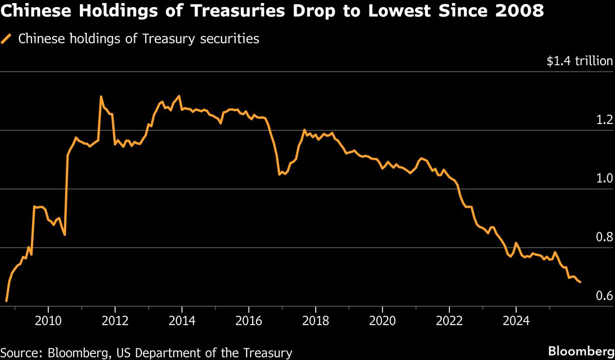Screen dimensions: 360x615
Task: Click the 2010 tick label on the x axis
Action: coord(48,321)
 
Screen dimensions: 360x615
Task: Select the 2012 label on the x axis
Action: coord(115,321)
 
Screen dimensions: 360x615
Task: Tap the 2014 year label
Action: coord(181,321)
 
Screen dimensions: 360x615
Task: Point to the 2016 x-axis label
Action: coord(249,321)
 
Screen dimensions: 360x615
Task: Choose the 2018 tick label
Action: coord(315,321)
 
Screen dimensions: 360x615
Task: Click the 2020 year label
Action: coord(382,321)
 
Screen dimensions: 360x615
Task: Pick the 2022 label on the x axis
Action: coord(449,321)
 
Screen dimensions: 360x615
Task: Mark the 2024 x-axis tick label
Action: coord(516,321)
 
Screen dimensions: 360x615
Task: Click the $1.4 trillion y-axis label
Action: coord(579,62)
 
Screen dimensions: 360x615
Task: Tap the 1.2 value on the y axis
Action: coord(604,120)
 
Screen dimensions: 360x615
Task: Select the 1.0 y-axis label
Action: coord(604,178)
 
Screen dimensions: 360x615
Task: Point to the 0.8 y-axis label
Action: coord(604,237)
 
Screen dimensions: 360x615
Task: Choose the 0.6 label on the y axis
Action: coord(604,296)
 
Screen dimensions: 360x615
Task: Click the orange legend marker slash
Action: coord(7,39)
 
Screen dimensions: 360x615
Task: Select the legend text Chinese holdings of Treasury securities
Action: coord(138,39)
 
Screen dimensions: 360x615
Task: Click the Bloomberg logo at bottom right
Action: coord(581,352)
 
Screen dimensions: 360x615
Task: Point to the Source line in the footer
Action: coord(147,353)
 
